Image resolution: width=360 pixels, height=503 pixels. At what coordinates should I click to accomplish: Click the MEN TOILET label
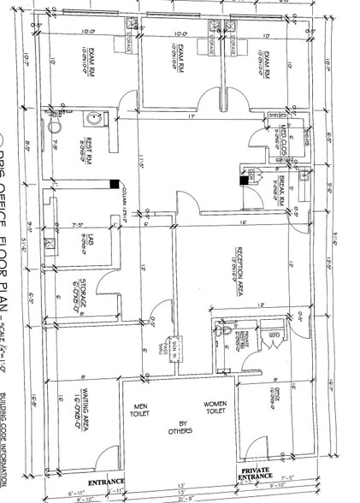(x=140, y=410)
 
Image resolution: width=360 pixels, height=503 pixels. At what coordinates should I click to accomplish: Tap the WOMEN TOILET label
(x=214, y=410)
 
